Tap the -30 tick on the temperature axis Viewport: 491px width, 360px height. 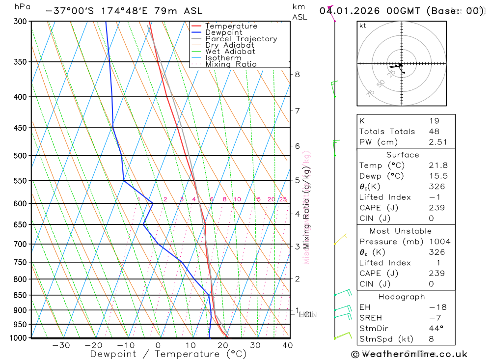tap(61, 345)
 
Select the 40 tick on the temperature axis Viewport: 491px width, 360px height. tap(288, 345)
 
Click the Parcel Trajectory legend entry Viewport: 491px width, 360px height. tap(241, 39)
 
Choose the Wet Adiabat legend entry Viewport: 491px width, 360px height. tap(230, 52)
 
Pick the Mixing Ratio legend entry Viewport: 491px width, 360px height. tap(231, 64)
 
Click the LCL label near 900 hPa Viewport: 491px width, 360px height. tap(306, 314)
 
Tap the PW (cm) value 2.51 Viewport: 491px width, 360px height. tap(434, 142)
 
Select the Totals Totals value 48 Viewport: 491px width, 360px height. tap(434, 132)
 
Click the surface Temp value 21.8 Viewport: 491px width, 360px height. tap(438, 166)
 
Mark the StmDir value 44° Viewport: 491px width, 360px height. tap(434, 329)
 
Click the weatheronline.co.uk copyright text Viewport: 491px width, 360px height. tap(409, 354)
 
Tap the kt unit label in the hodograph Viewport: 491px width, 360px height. tap(363, 26)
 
